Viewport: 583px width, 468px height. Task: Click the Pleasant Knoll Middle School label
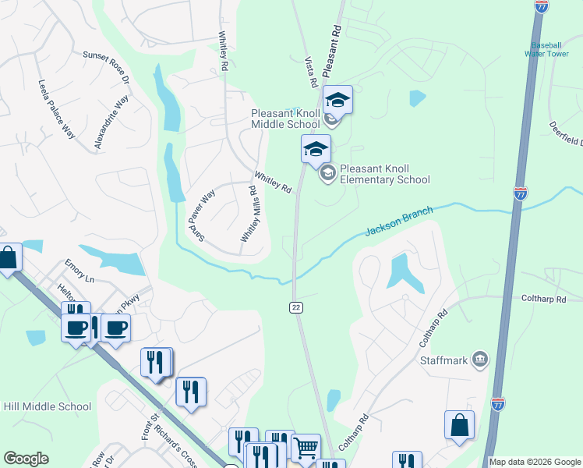pyautogui.click(x=285, y=119)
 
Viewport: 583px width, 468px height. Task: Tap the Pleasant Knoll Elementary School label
pyautogui.click(x=384, y=174)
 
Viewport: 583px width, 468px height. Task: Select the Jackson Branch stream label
pyautogui.click(x=399, y=222)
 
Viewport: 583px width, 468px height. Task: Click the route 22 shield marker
pyautogui.click(x=296, y=307)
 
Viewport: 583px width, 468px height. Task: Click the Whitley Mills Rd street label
pyautogui.click(x=249, y=214)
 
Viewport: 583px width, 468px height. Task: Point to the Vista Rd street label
pyautogui.click(x=309, y=71)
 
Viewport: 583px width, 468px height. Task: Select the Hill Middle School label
pyautogui.click(x=47, y=406)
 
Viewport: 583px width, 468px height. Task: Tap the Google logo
pyautogui.click(x=26, y=459)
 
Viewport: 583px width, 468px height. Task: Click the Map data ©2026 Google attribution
pyautogui.click(x=535, y=462)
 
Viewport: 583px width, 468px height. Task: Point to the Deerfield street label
pyautogui.click(x=565, y=133)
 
